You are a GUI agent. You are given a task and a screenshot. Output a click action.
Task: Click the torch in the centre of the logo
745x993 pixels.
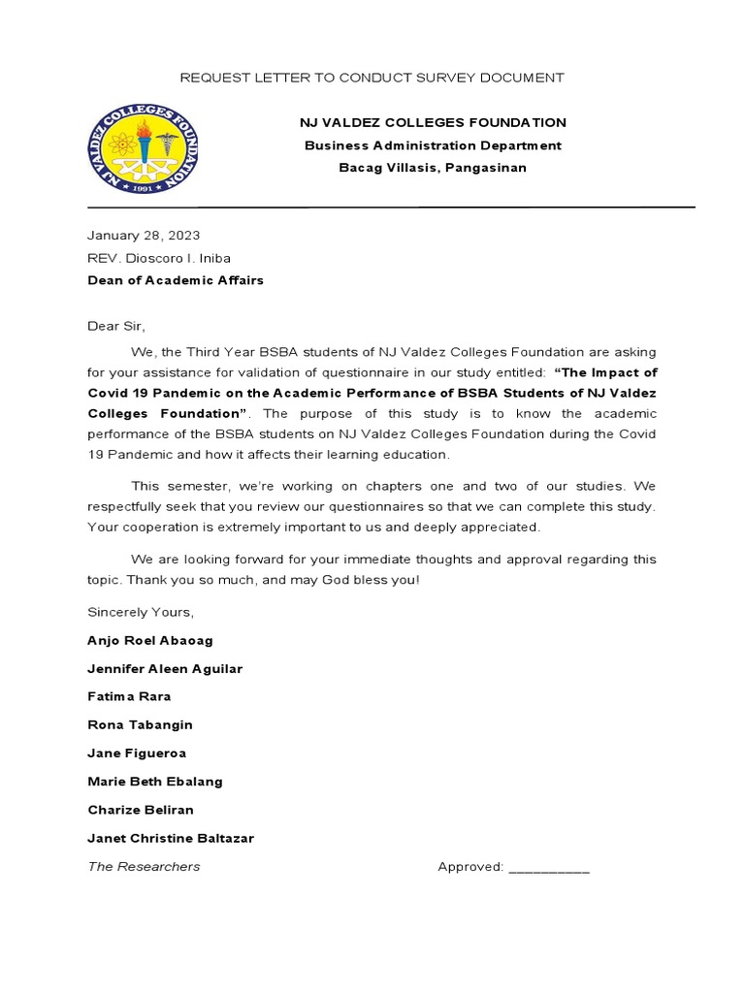[x=144, y=145]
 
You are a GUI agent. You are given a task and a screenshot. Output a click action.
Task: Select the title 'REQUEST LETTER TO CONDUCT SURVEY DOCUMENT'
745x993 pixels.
[x=372, y=78]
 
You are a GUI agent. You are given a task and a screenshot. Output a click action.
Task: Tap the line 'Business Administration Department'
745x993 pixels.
[x=433, y=145]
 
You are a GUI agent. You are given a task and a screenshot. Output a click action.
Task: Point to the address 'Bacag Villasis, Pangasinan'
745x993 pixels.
[x=433, y=168]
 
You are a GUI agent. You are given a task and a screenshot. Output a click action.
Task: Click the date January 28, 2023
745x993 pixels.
[x=144, y=236]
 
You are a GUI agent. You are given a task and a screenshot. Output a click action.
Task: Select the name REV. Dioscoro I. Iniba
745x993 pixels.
[x=159, y=258]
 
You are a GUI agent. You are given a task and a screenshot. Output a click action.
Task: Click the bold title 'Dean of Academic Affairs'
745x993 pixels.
[x=176, y=280]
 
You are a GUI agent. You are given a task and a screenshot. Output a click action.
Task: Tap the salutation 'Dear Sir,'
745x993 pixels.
[x=115, y=326]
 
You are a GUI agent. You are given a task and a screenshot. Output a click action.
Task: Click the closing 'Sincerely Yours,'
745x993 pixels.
[x=141, y=612]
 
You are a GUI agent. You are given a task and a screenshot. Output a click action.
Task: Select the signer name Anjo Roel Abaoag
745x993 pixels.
[x=150, y=641]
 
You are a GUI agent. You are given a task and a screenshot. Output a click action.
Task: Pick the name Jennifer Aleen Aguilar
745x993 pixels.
[x=165, y=669]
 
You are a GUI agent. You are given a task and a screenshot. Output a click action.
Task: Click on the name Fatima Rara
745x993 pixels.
[x=129, y=696]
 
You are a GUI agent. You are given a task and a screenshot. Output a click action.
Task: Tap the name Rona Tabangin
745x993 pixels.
[x=140, y=724]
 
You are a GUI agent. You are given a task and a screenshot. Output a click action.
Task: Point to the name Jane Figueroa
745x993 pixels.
[x=137, y=753]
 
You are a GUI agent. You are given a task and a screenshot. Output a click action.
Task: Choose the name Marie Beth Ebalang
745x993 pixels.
[x=155, y=782]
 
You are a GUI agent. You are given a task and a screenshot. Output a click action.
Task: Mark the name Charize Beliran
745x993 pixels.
[x=141, y=810]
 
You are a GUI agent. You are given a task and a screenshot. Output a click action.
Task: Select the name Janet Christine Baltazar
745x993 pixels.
[x=171, y=838]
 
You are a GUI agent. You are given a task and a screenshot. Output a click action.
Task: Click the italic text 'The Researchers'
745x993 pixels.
[x=144, y=866]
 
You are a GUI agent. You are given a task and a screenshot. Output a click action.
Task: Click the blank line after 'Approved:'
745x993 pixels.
[x=548, y=869]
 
